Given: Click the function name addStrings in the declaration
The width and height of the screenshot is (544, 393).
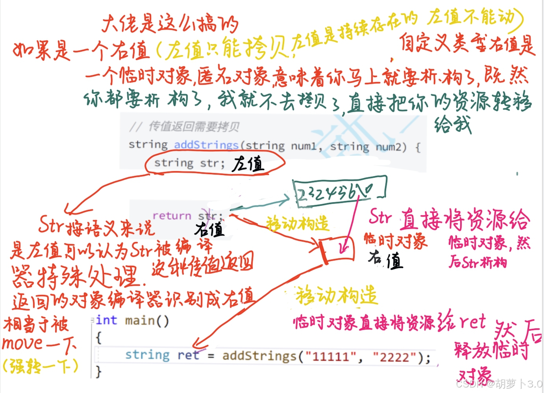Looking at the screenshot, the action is coord(206,145).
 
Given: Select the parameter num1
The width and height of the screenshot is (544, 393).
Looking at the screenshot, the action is coord(303,147).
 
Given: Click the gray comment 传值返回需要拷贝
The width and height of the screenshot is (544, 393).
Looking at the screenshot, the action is coord(194,127).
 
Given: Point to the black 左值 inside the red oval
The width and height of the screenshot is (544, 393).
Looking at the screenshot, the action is coord(248,164).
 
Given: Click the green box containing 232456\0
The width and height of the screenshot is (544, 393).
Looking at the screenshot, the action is coord(339,191).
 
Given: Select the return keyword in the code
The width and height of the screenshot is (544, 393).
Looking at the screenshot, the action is coord(172,216).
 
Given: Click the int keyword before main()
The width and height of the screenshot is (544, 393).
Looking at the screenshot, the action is coord(106,320).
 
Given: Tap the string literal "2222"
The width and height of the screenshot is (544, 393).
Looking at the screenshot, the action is coord(395,358).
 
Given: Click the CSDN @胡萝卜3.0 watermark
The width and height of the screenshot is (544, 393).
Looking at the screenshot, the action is coord(499,384).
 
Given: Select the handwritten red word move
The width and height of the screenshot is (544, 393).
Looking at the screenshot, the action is coord(22,344).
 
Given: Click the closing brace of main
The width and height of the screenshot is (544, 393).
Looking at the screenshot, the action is coord(98,371).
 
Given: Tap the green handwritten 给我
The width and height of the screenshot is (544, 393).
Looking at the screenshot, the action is coord(453,125).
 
